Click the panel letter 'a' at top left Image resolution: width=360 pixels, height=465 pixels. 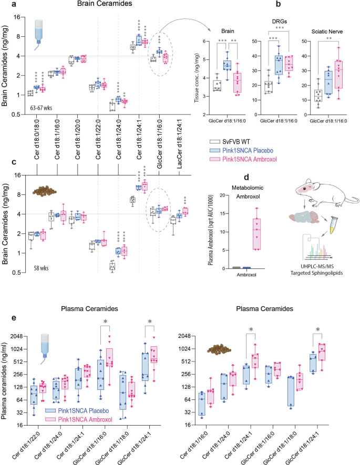coord(5,5)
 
